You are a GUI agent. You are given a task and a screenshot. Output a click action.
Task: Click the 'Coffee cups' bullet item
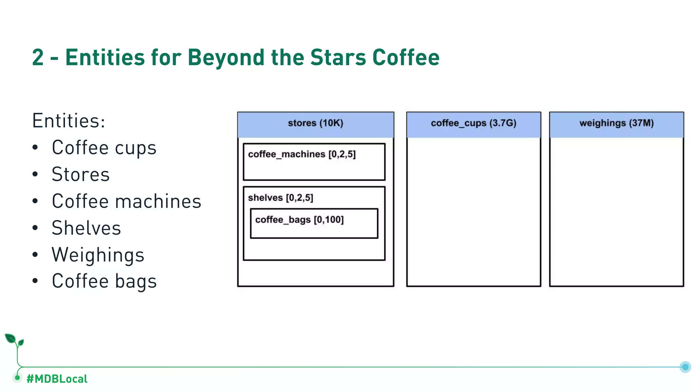[x=104, y=148]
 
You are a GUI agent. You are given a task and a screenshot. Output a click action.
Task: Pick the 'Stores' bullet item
[x=81, y=175]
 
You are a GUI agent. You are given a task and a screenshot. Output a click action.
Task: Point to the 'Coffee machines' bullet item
[x=126, y=201]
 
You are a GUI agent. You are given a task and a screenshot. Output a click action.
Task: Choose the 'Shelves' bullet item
[x=86, y=228]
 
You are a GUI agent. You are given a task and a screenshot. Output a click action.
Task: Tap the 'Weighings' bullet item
[x=98, y=255]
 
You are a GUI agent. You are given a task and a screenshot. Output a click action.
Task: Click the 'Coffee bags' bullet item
[x=104, y=281]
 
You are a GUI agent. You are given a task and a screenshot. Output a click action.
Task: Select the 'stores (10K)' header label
[x=315, y=123]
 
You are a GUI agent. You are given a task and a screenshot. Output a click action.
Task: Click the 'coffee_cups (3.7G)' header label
[x=473, y=123]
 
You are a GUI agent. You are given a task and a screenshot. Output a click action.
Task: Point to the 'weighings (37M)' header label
[x=616, y=123]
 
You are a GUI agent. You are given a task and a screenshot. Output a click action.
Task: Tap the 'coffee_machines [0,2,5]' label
[x=302, y=154]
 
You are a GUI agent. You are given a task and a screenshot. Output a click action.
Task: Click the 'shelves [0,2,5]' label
[x=280, y=198]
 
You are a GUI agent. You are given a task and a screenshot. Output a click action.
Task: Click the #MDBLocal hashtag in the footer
[x=57, y=379]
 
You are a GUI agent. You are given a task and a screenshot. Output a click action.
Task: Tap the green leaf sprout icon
[x=14, y=340]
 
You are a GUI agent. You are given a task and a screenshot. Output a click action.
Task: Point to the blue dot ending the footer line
[x=685, y=367]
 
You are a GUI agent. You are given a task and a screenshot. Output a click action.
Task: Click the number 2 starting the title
[x=38, y=57]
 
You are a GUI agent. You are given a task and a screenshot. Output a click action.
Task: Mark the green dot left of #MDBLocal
[x=17, y=377]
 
